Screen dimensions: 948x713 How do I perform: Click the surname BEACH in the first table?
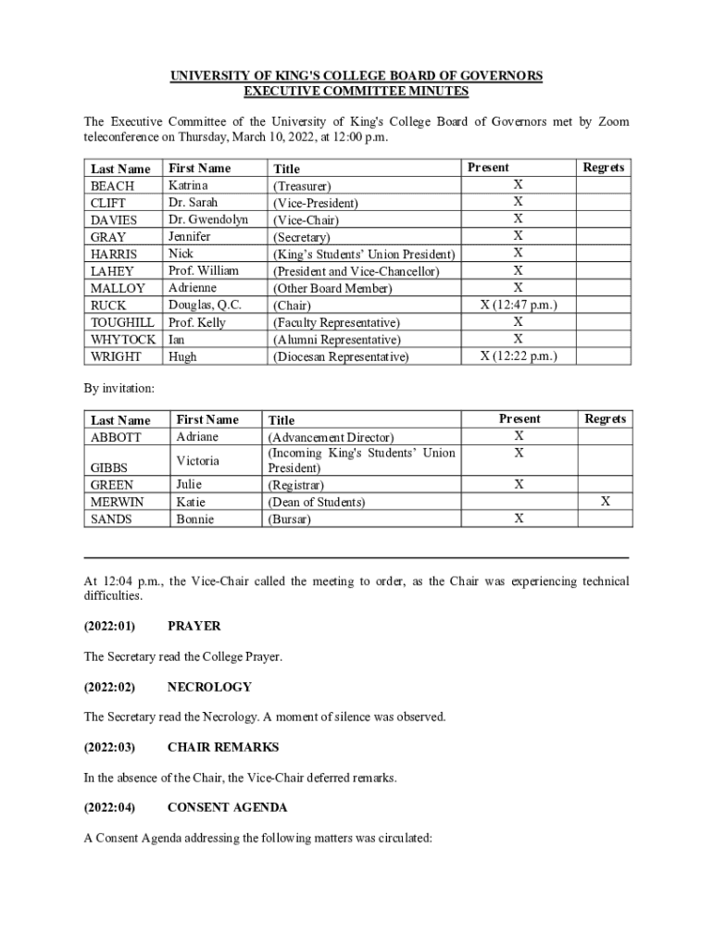(x=112, y=185)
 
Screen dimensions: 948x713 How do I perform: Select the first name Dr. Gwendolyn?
(x=208, y=219)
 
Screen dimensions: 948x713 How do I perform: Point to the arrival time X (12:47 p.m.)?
(x=518, y=305)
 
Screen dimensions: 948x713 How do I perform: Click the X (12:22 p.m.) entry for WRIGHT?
(x=518, y=355)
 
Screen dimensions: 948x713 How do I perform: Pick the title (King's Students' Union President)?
(x=364, y=254)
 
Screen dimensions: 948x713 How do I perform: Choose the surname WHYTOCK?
(x=123, y=339)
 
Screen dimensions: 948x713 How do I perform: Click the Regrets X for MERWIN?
(x=605, y=501)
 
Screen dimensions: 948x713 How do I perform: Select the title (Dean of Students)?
(x=316, y=502)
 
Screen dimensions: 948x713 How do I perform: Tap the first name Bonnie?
(x=194, y=519)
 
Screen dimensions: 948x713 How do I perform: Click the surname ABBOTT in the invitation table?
(x=116, y=437)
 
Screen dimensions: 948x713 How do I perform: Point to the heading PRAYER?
(x=194, y=626)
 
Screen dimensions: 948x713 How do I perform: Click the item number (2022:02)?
(x=109, y=687)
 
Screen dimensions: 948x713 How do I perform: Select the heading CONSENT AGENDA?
(x=227, y=807)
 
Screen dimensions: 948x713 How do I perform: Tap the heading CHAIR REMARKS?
(x=222, y=747)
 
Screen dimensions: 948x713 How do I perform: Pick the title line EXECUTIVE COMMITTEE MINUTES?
(x=356, y=91)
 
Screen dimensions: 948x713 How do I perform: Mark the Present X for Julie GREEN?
(x=519, y=484)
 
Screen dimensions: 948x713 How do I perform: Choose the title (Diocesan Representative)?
(x=340, y=356)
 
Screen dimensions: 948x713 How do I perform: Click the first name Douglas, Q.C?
(x=205, y=305)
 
